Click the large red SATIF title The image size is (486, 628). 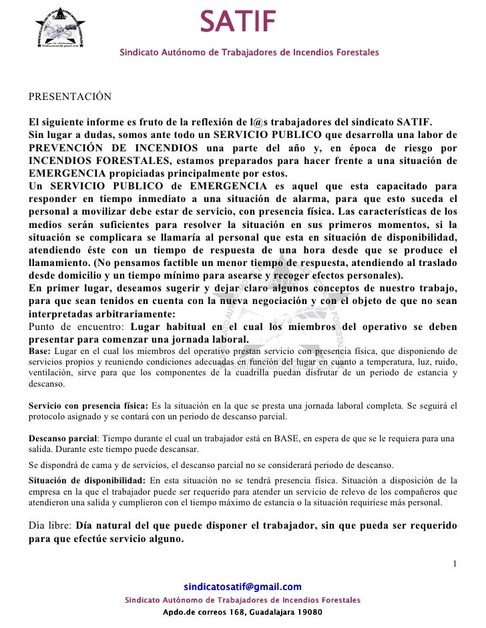[238, 23]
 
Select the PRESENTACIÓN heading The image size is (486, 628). [69, 97]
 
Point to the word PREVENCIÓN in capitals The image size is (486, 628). [69, 148]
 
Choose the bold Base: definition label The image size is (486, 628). [39, 351]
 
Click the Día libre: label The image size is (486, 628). [51, 525]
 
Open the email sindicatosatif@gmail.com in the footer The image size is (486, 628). [242, 587]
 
